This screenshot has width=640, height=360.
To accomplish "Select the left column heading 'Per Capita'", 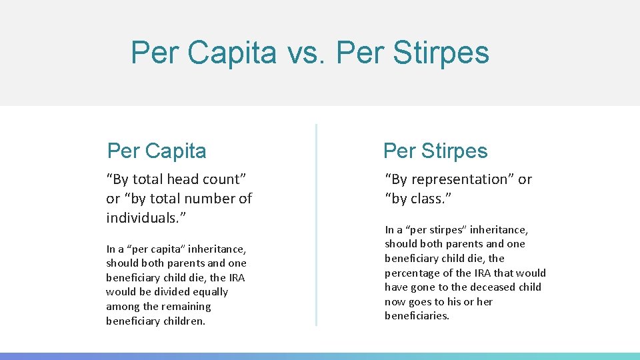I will pos(157,151).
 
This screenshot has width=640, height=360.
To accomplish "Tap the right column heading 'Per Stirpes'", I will pos(435,151).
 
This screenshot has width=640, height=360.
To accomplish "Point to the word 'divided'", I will pos(163,292).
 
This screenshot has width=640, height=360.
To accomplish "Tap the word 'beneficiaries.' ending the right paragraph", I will pos(417,316).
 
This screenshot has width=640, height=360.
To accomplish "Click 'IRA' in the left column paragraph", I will pos(237,278).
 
